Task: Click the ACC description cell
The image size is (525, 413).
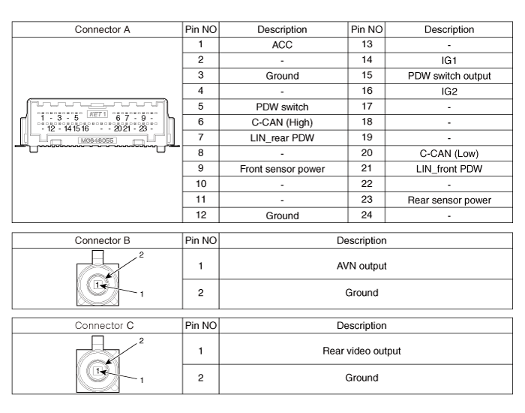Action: pos(282,45)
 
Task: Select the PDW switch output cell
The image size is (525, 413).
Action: pos(449,76)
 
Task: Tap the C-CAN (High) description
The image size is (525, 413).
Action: pos(282,122)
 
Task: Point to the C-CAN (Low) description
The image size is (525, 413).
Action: pos(449,154)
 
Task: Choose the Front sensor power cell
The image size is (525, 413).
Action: pos(282,169)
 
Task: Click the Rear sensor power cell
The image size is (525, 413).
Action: pos(449,200)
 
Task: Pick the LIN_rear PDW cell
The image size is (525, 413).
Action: pos(282,138)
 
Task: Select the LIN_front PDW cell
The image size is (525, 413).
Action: pos(449,169)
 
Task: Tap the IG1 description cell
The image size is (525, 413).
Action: pos(449,60)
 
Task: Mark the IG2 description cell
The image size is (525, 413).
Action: pos(449,92)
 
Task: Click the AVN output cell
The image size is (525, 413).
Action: pos(361,266)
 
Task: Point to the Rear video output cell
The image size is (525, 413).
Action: pos(361,351)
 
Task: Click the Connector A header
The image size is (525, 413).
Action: pos(102,29)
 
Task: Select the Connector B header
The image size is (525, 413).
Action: pos(102,240)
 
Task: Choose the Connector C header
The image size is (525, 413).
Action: pos(104,325)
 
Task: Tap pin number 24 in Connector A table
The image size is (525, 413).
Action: pos(367,215)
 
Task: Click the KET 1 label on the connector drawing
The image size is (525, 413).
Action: pos(97,114)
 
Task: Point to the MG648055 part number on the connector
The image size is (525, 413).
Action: pos(97,140)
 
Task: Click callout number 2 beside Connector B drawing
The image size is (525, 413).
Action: pos(141,255)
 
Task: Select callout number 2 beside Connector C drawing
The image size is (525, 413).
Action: pos(141,341)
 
